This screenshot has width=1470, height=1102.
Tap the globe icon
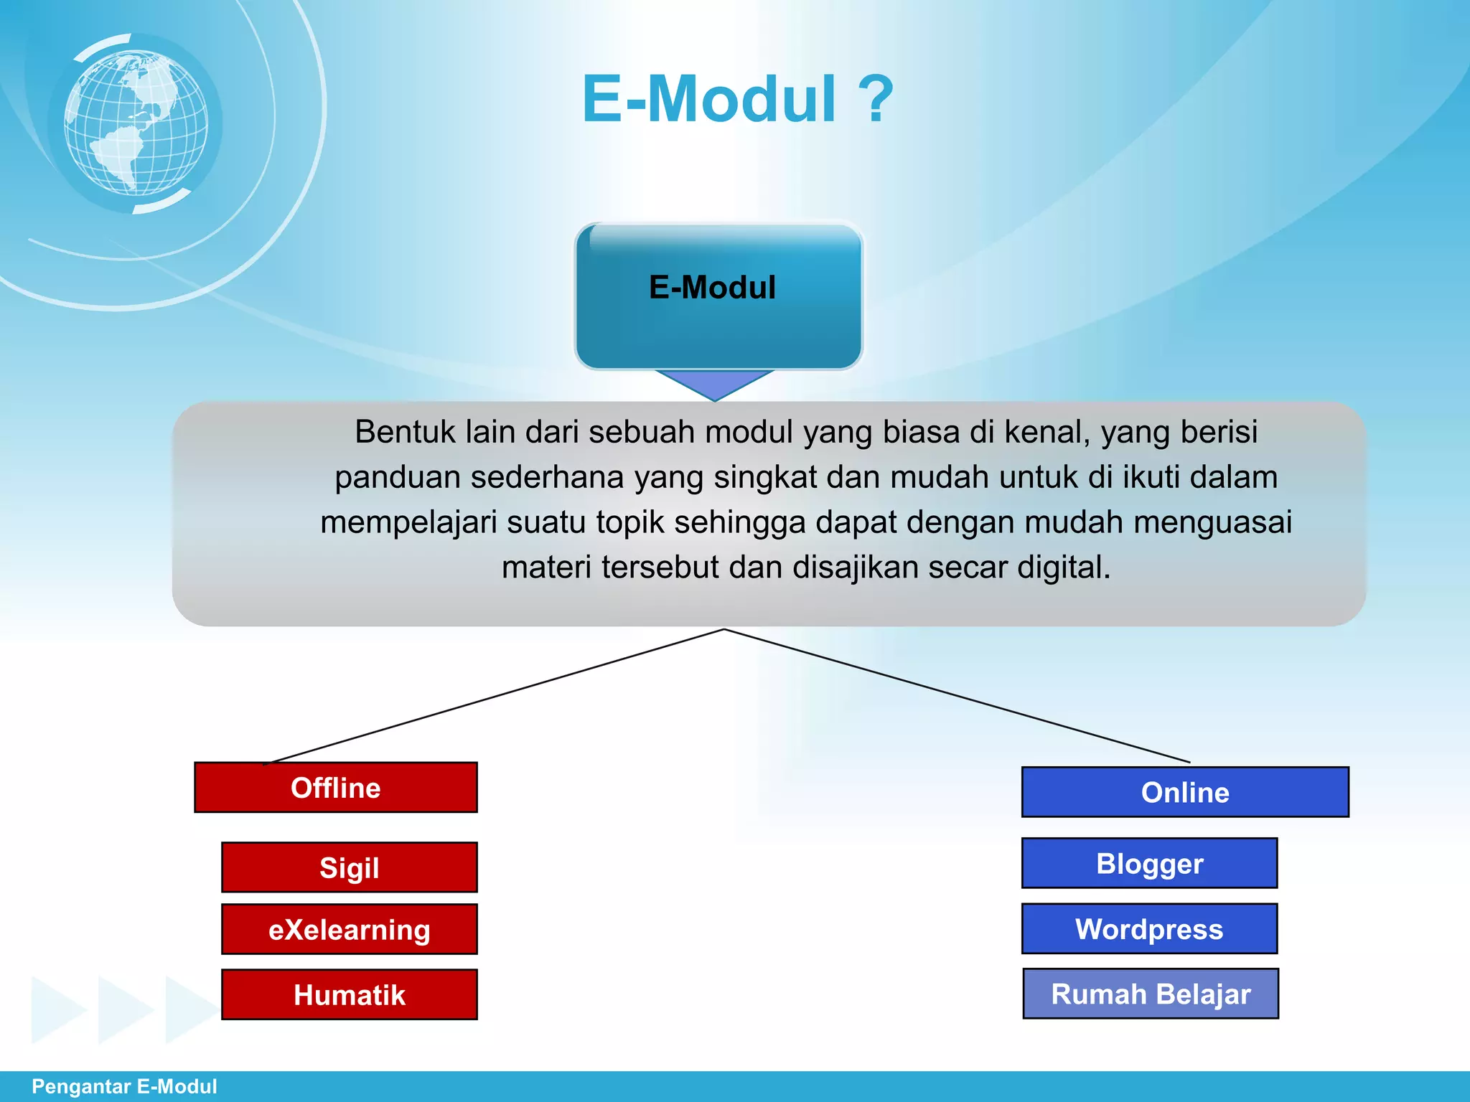[136, 123]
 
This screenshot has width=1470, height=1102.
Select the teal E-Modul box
[718, 296]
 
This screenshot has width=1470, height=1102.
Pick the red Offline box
[335, 788]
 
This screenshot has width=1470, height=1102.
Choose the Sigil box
[349, 867]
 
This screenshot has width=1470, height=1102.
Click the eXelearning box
[349, 929]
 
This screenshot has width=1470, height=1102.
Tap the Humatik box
[349, 994]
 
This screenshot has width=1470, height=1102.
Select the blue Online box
[1184, 792]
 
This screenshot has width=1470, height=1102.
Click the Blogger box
[1149, 863]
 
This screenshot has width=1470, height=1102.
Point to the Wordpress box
[1149, 928]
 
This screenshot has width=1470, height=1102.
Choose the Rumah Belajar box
[1150, 994]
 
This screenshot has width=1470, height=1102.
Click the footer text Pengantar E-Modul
[124, 1086]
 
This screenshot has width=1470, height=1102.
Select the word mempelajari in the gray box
[408, 522]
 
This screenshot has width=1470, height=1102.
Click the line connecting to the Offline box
[495, 697]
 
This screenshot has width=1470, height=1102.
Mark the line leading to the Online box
[955, 696]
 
